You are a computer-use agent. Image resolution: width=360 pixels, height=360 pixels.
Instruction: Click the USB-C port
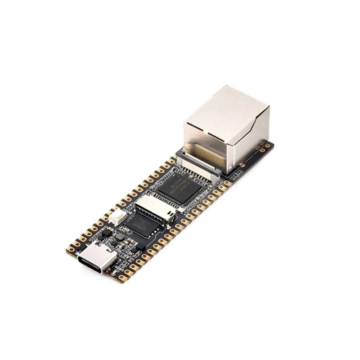pos(95,260)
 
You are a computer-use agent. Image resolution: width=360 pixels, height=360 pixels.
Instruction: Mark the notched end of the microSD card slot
pos(170,214)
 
